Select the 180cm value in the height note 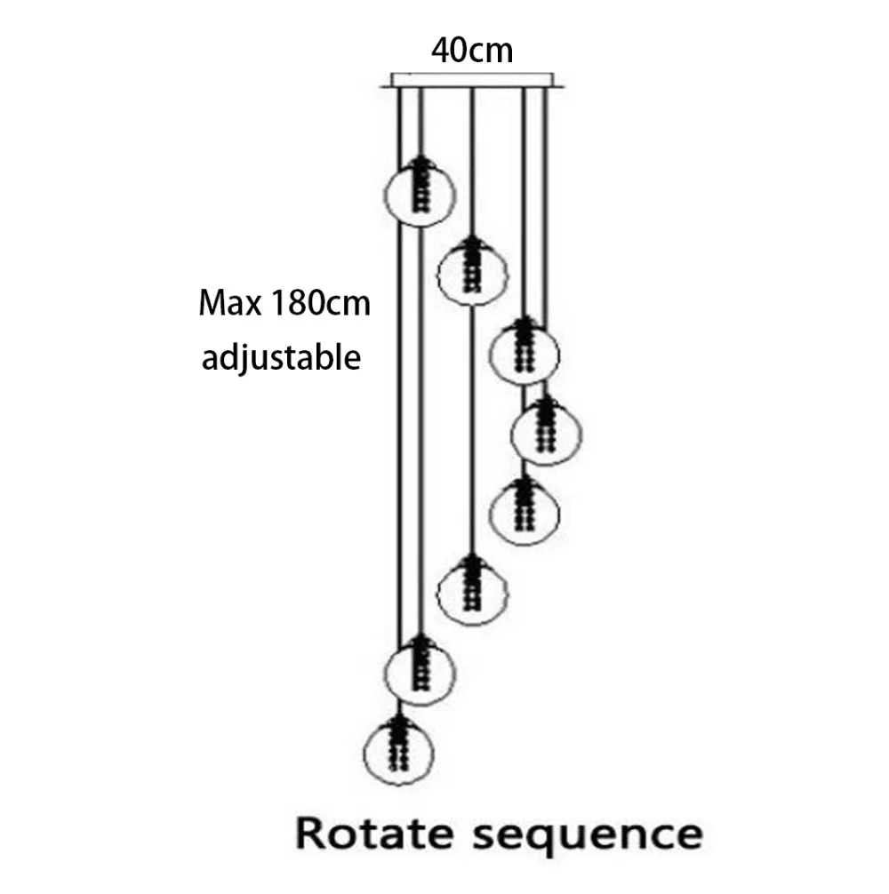point(320,303)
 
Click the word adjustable point(281,358)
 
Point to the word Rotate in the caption point(374,834)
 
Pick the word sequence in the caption point(588,837)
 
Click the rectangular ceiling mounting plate point(471,80)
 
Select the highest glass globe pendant point(420,194)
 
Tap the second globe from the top point(472,274)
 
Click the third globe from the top point(525,354)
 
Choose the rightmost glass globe point(546,434)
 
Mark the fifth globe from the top point(525,512)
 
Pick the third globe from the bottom point(472,592)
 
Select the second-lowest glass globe point(420,672)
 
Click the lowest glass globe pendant point(398,753)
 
